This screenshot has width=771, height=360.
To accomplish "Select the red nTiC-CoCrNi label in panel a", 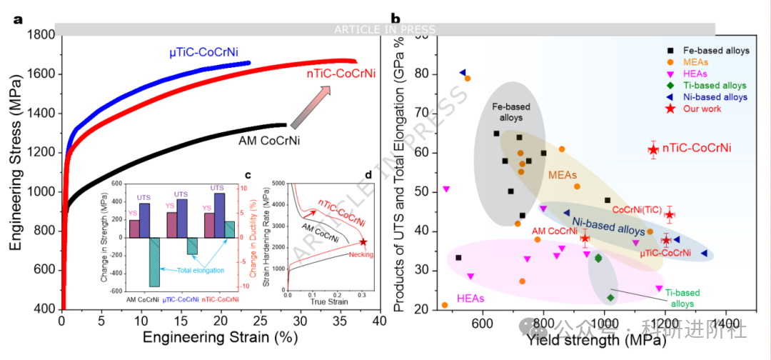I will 331,73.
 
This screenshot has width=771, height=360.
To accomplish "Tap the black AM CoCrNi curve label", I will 269,140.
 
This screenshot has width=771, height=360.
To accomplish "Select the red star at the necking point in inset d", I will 363,242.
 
